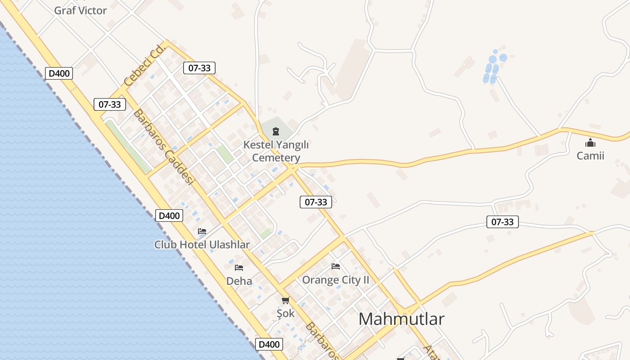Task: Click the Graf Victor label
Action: [81, 10]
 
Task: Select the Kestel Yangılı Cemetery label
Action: [276, 151]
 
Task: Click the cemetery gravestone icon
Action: [276, 131]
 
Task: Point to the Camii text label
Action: [590, 156]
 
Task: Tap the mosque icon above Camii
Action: [590, 143]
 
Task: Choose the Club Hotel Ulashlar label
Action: [202, 244]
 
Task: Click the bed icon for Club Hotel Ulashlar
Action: [202, 231]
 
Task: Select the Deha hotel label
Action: [239, 281]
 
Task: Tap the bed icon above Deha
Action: [239, 268]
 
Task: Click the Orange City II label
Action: [336, 280]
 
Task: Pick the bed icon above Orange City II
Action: [336, 266]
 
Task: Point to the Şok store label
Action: [285, 313]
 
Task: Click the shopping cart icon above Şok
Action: [285, 300]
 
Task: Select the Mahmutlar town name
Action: [401, 319]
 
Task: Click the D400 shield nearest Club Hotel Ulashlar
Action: [169, 216]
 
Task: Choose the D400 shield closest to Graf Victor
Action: [59, 73]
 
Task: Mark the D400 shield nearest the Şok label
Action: [269, 345]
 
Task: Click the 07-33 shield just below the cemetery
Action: [316, 202]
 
